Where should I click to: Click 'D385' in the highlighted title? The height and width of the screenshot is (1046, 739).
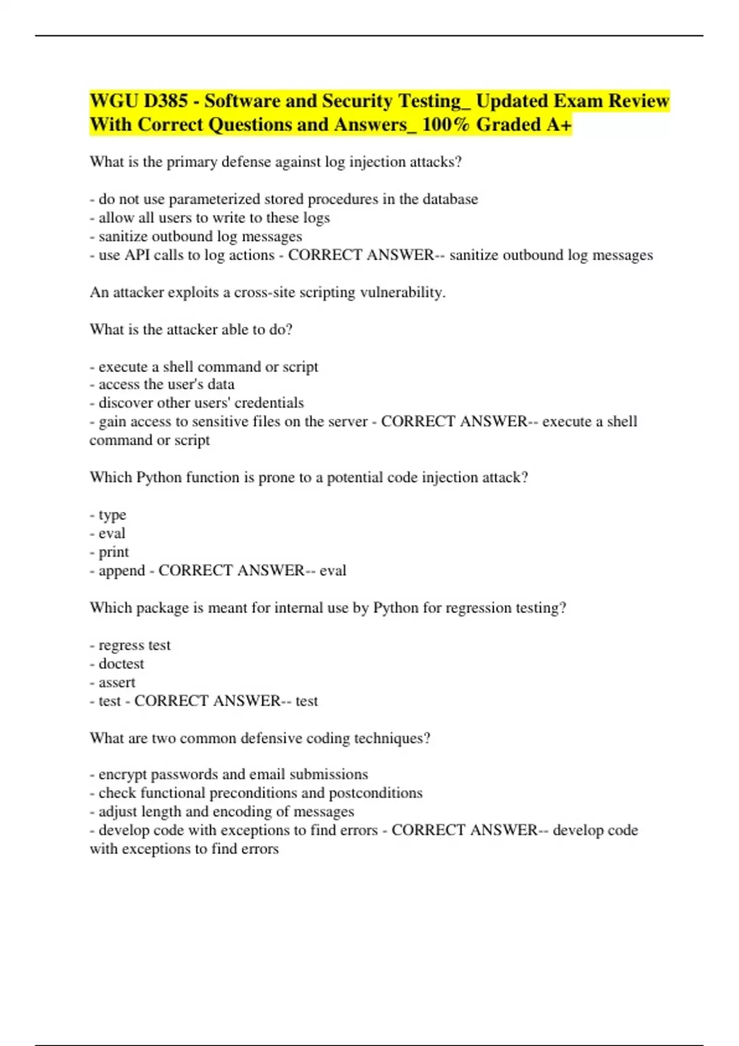tap(166, 101)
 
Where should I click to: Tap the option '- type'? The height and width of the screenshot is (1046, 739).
tap(108, 515)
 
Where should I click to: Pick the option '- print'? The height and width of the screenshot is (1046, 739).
tap(109, 552)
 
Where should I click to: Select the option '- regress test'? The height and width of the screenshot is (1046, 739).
tap(130, 645)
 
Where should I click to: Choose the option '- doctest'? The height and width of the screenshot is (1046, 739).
tap(117, 664)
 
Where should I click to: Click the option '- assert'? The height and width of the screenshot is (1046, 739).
tap(113, 682)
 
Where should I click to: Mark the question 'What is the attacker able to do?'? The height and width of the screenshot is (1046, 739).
tap(191, 330)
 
